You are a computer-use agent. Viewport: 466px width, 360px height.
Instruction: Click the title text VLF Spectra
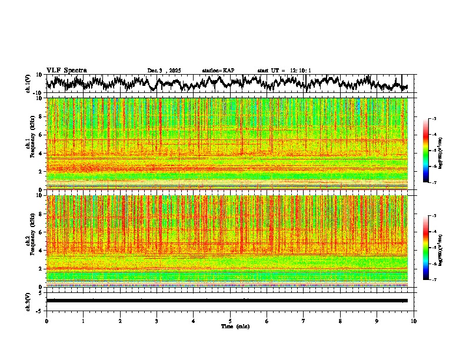coord(66,70)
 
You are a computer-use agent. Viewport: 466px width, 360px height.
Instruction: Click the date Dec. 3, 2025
coord(164,71)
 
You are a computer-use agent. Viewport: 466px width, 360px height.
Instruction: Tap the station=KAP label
coord(218,71)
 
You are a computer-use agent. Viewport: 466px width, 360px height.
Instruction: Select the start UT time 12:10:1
coord(284,71)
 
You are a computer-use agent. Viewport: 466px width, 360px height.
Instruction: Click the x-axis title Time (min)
coord(235,326)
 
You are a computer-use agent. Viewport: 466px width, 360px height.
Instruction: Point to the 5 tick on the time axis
coord(231,321)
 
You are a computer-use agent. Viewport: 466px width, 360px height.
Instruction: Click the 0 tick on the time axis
coord(46,321)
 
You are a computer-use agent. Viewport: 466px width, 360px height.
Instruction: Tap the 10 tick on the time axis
coord(414,321)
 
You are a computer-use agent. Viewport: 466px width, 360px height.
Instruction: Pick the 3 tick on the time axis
coord(157,321)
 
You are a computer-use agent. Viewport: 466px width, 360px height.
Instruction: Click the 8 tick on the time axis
coord(341,321)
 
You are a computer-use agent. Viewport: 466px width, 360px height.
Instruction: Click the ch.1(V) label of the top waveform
coord(28,84)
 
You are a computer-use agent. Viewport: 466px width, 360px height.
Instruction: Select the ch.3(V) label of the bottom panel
coord(28,301)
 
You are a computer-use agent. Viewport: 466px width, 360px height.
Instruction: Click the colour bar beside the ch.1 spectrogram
coord(431,151)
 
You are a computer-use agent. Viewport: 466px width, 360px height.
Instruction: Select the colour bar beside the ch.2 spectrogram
coord(431,248)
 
